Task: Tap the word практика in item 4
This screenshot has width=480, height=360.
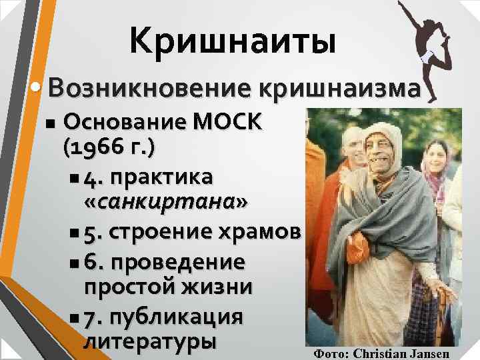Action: pos(163,178)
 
